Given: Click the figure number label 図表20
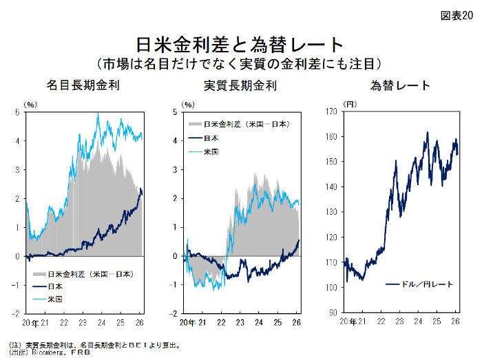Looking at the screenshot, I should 457,16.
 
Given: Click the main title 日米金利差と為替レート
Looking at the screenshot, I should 240,45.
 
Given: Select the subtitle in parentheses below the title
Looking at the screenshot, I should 240,64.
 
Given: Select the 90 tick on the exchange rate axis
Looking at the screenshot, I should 331,313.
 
